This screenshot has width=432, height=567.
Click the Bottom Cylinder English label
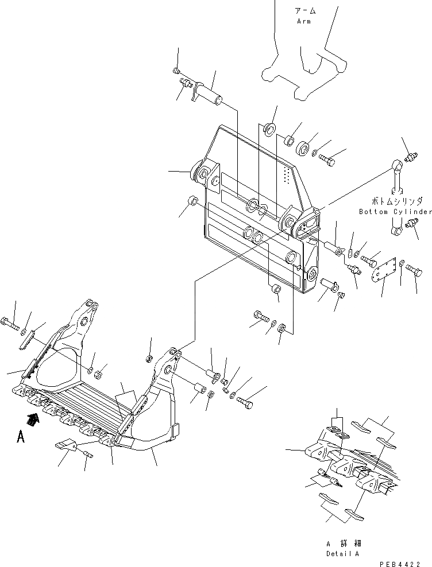[x=395, y=212]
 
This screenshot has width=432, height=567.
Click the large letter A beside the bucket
[x=21, y=437]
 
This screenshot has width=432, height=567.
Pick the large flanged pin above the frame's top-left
[x=210, y=93]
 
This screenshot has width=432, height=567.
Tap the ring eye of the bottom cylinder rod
[x=397, y=167]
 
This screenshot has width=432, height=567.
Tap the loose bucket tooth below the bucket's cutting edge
[x=68, y=445]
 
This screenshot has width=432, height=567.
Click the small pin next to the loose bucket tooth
[x=88, y=455]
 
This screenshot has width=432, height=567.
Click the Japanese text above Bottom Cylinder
[x=396, y=202]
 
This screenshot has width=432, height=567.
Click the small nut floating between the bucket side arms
[x=148, y=359]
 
